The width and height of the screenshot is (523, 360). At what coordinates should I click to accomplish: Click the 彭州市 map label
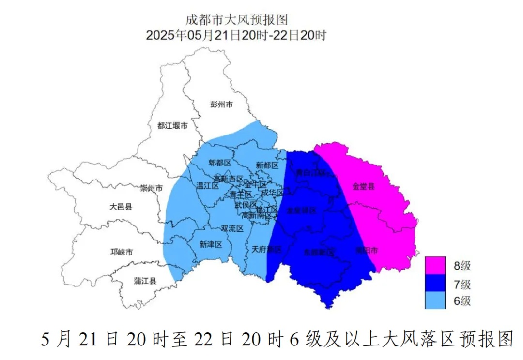point(222,104)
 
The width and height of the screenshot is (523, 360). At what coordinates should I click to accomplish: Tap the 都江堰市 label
point(172,125)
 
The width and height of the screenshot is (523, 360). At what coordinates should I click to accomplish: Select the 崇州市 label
point(151,188)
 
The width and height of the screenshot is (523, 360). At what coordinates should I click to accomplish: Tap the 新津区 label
point(210,245)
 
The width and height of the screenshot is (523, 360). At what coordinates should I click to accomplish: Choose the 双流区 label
point(232,228)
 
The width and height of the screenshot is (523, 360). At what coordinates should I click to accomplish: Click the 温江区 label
point(208,185)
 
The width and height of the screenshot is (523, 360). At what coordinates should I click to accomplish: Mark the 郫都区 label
point(220,162)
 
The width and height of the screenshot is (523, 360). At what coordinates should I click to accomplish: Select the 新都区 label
point(267,165)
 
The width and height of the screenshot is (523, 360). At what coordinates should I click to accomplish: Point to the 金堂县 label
point(363,186)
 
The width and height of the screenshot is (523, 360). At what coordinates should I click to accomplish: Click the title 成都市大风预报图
point(237,20)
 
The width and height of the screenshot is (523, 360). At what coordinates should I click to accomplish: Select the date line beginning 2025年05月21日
point(237,35)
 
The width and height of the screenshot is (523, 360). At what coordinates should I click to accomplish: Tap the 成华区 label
point(271,193)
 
